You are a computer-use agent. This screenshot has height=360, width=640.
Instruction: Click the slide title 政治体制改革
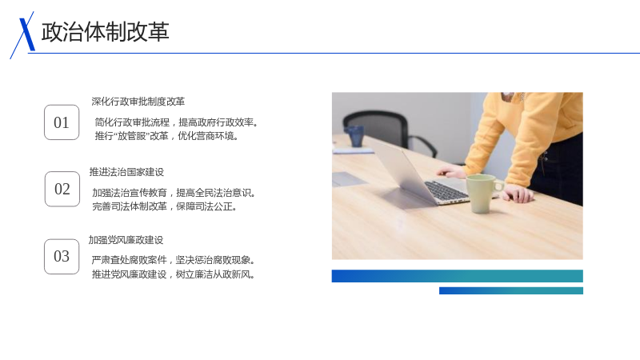[106, 32]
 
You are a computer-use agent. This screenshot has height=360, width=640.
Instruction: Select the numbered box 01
[62, 122]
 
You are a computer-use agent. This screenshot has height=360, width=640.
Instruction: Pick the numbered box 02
[62, 189]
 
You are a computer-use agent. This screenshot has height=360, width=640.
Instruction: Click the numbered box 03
[62, 256]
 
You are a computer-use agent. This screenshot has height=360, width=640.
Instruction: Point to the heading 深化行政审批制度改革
[138, 102]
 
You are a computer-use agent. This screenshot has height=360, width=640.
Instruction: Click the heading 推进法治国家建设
[126, 172]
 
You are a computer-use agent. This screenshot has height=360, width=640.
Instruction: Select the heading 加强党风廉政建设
[126, 240]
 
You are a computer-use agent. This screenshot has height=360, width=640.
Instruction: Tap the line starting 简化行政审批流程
[176, 122]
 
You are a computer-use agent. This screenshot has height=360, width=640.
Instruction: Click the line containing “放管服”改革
[166, 136]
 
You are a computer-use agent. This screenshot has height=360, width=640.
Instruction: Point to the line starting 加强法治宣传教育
[174, 193]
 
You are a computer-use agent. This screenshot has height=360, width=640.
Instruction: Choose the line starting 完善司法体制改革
[165, 206]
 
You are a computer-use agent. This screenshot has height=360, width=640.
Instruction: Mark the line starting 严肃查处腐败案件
[174, 260]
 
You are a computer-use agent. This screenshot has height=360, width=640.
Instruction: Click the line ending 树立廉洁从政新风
[174, 274]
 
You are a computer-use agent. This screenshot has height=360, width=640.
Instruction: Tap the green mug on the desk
[483, 194]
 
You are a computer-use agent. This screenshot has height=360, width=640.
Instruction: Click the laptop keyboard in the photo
[447, 190]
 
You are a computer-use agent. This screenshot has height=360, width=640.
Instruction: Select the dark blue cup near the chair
[354, 136]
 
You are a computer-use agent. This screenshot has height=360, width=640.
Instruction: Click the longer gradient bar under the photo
[457, 276]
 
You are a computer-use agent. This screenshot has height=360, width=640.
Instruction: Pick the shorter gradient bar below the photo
[511, 290]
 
